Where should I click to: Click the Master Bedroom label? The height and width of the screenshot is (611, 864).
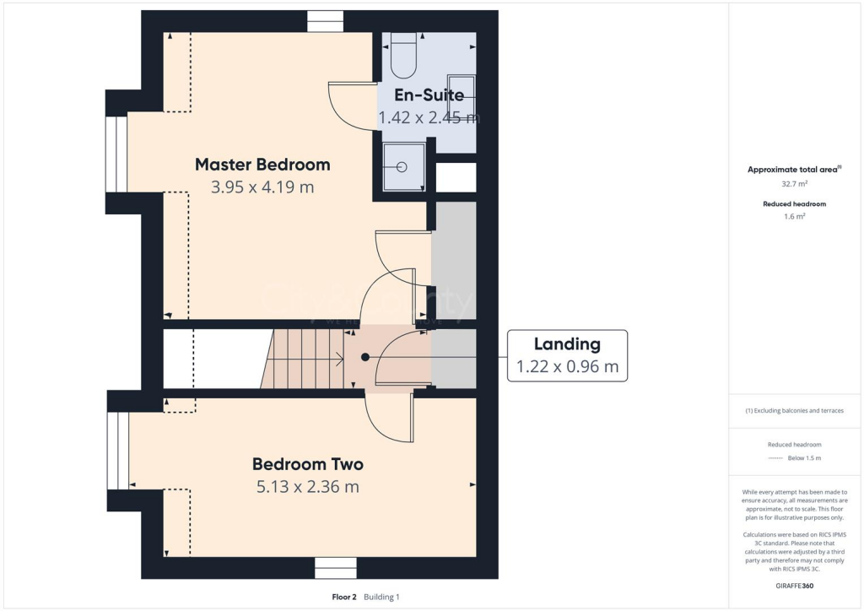[x=262, y=164]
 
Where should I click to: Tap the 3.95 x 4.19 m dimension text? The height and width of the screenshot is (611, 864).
[x=262, y=187]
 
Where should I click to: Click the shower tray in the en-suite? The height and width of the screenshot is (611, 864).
[x=404, y=166]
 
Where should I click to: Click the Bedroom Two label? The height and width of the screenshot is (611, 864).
[x=308, y=464]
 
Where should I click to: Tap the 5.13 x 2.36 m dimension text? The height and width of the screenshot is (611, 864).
[x=308, y=487]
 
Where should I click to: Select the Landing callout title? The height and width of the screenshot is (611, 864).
[x=567, y=343]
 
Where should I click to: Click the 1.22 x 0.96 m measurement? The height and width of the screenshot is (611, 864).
[x=567, y=367]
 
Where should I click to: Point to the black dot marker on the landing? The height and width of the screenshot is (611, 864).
[x=365, y=357]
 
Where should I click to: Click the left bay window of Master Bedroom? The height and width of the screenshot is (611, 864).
[x=116, y=155]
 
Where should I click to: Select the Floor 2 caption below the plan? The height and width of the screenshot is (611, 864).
[x=345, y=597]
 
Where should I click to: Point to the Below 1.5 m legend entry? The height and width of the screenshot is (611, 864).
[x=803, y=458]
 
